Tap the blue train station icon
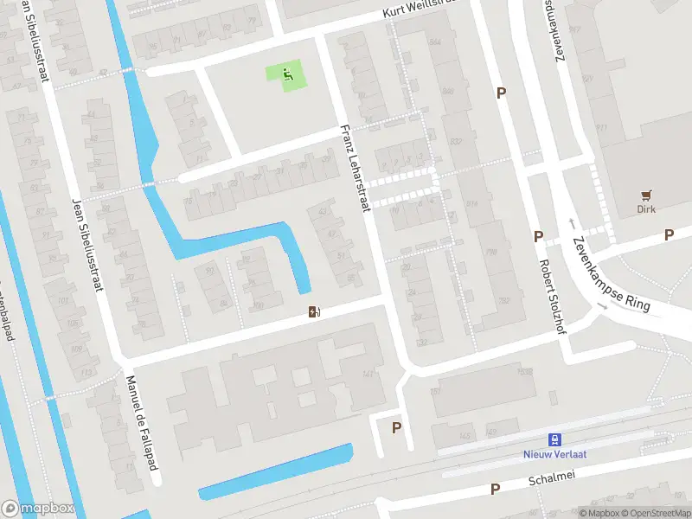554,439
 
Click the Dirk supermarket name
645,209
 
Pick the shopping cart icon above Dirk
645,195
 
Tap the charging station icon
313,311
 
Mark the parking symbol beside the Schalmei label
495,489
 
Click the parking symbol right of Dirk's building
669,234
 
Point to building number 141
368,374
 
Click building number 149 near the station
490,431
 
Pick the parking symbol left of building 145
397,427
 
